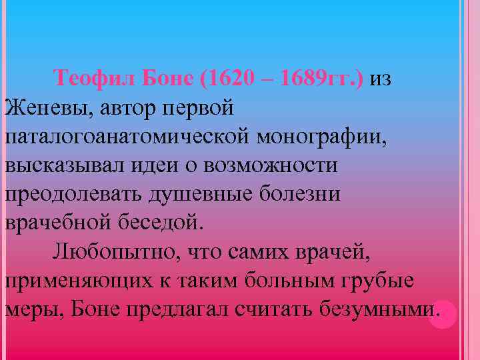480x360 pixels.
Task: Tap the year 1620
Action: point(231,79)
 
